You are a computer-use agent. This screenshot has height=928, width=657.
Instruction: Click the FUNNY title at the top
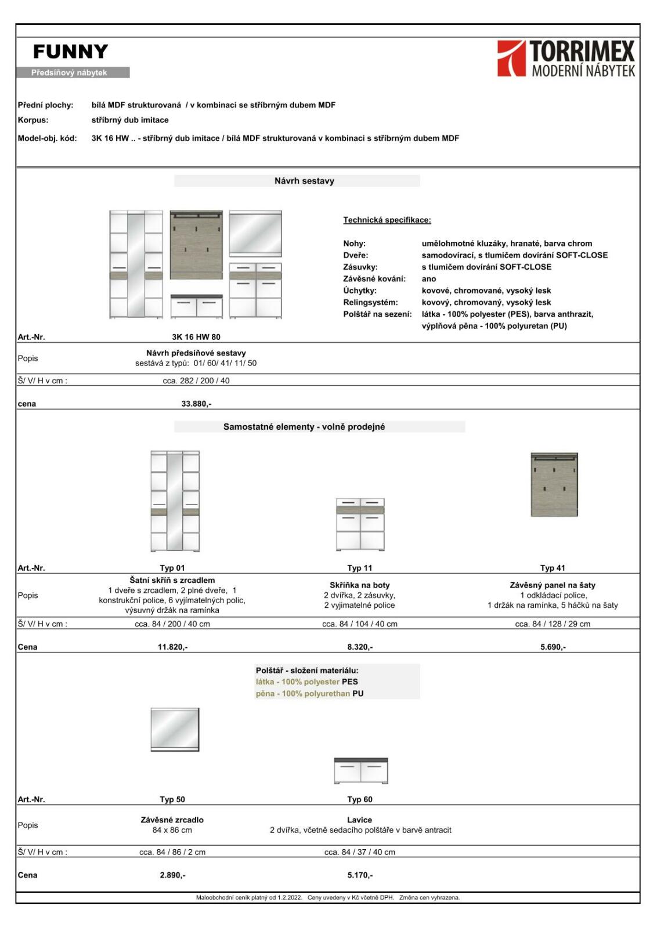pos(71,52)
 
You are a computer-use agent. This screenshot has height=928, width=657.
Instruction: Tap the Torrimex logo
pos(566,59)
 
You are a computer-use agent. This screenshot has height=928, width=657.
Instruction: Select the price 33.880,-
pos(196,404)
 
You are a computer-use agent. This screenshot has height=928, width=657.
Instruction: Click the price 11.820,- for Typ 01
pos(172,647)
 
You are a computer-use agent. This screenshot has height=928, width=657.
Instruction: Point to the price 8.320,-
pos(360,647)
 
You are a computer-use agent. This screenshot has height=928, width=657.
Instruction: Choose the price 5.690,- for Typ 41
pos(553,647)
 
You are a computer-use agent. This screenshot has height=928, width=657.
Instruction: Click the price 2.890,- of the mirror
pos(172,875)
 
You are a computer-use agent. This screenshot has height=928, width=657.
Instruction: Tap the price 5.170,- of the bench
pos(360,875)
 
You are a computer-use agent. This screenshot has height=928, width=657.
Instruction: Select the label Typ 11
pos(360,568)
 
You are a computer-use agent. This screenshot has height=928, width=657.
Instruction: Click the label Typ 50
pos(172,799)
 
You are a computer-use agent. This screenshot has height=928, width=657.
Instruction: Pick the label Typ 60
pos(360,799)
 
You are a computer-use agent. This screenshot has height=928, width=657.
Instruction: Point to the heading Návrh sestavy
pos(304,181)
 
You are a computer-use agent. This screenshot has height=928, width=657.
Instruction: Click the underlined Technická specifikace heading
pos(387,220)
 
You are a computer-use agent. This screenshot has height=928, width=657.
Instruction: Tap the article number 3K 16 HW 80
pos(196,337)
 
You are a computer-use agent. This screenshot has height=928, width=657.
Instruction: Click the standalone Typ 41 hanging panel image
pos(554,485)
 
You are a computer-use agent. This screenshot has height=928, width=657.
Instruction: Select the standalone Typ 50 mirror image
pos(175,729)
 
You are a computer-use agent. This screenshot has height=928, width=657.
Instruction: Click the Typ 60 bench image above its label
pos(360,771)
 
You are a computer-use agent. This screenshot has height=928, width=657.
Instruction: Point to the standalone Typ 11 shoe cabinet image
pos(360,524)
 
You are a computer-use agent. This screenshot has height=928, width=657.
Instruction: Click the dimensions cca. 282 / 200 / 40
pos(196,381)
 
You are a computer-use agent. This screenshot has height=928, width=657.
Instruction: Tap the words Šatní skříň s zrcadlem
pos(172,580)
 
